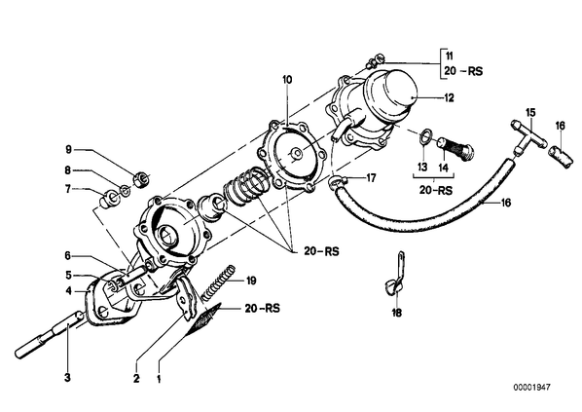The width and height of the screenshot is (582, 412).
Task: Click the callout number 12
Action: (449, 98)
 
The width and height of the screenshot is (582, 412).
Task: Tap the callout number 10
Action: (287, 80)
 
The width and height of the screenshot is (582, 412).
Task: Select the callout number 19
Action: (251, 281)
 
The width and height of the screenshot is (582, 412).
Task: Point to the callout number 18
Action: (397, 314)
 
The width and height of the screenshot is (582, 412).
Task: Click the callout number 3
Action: (67, 378)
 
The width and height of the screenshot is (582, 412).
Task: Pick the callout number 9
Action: (68, 150)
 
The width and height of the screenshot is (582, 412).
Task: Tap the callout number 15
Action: (530, 112)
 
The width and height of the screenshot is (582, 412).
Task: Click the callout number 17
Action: (371, 178)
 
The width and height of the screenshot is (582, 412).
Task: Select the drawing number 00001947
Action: (532, 388)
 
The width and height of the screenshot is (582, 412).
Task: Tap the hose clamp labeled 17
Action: (338, 182)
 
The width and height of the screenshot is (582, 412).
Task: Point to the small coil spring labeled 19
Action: (218, 282)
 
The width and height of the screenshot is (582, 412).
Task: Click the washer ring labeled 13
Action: (426, 135)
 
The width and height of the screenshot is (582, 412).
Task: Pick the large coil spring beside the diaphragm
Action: (245, 186)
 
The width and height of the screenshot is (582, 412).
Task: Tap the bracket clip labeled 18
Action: (396, 275)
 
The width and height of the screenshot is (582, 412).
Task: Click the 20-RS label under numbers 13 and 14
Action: (436, 190)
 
